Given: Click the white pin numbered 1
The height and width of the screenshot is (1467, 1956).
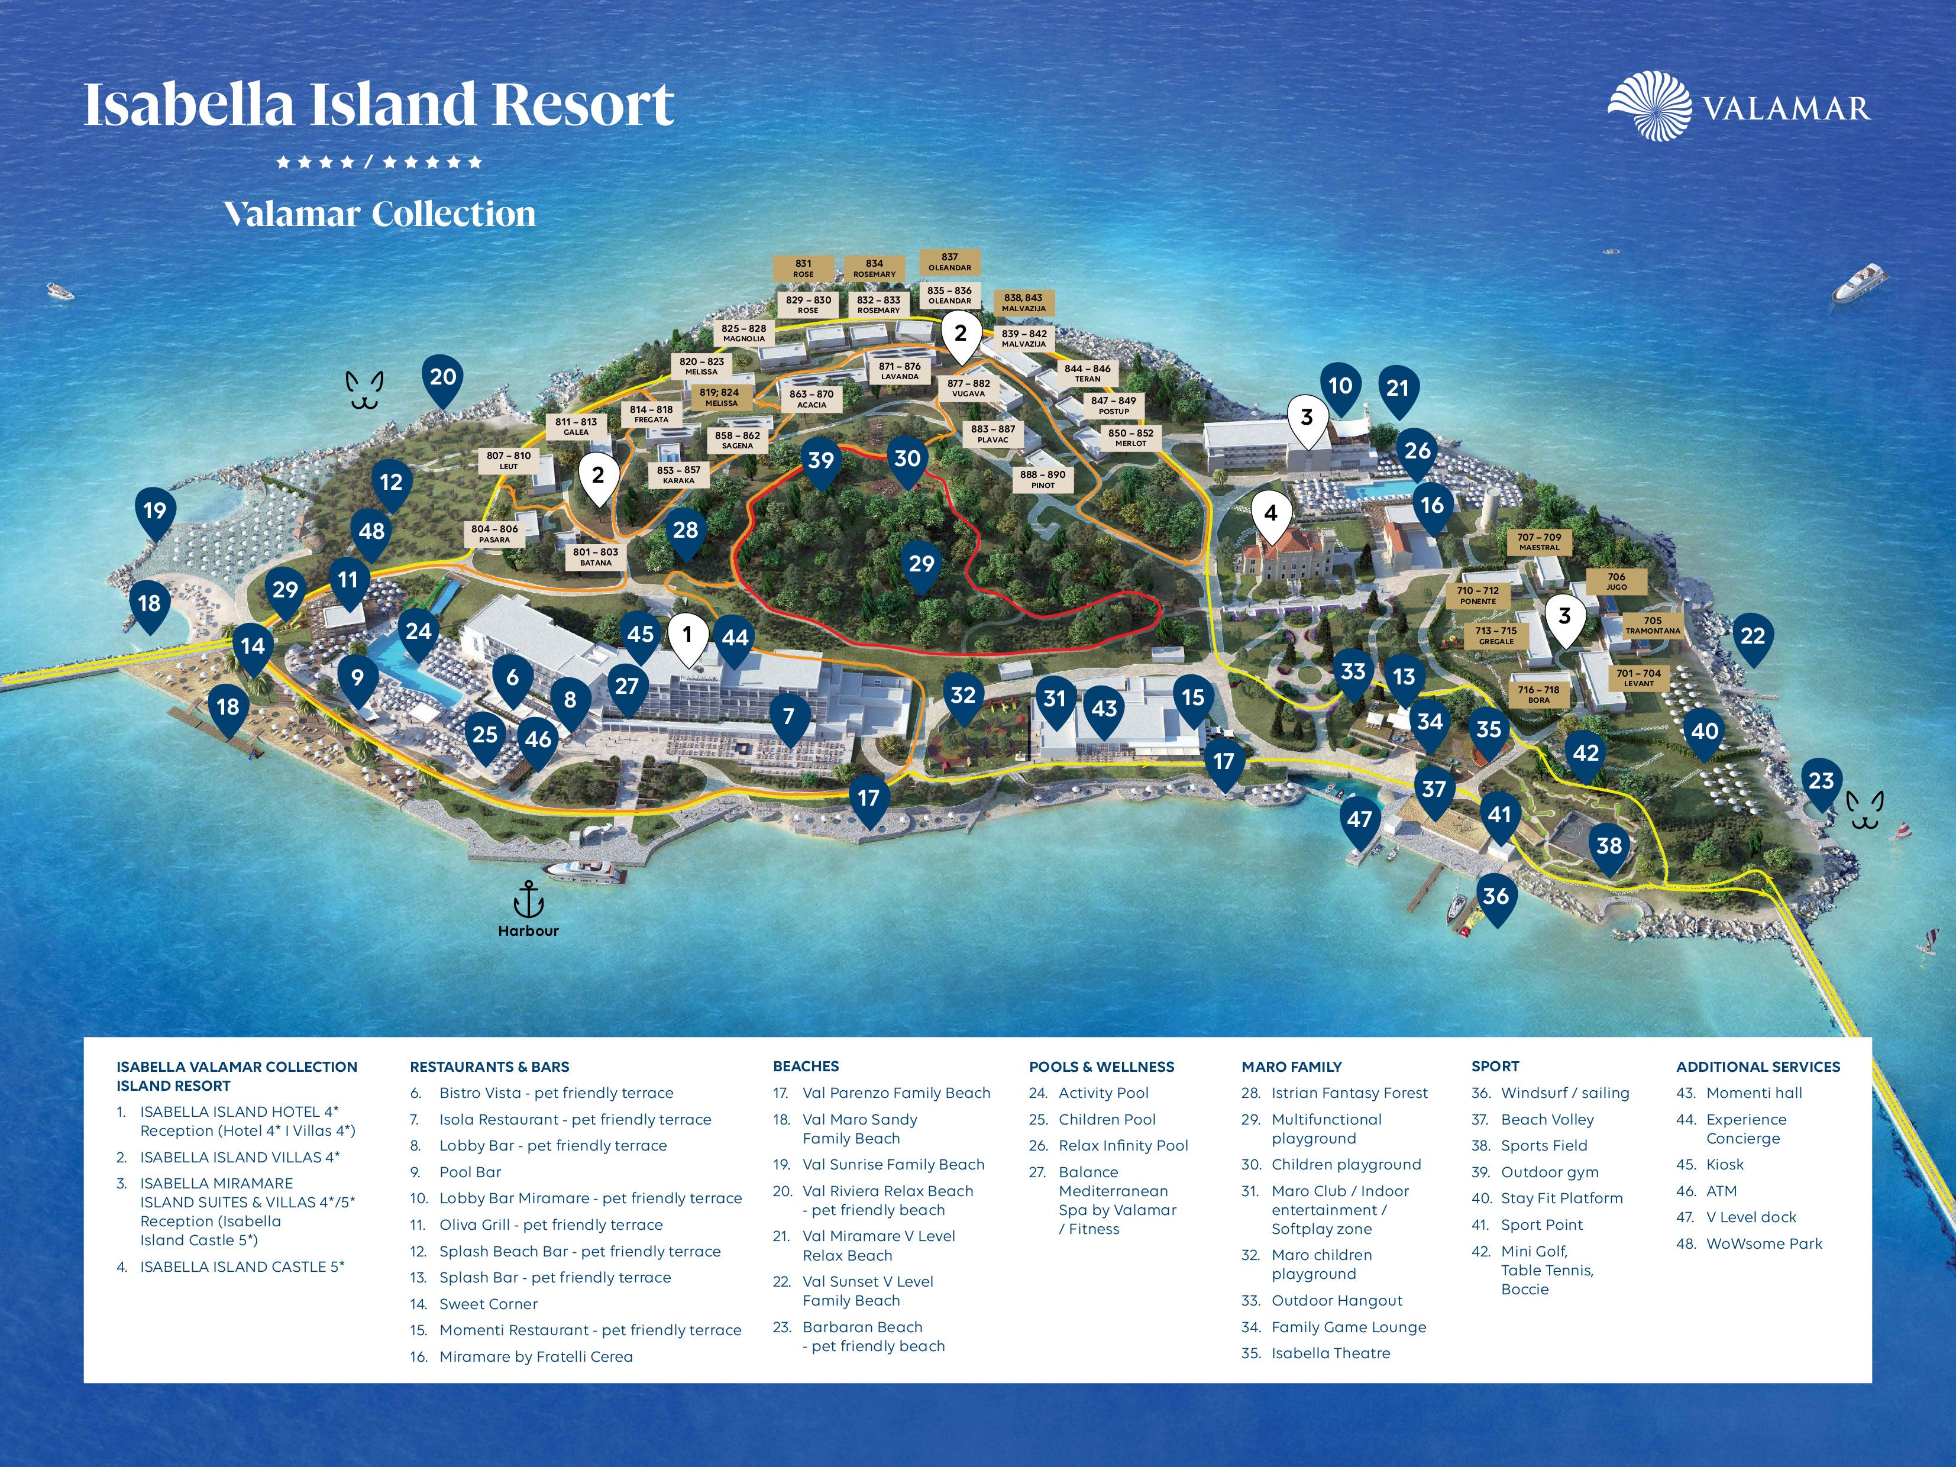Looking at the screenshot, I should [x=687, y=635].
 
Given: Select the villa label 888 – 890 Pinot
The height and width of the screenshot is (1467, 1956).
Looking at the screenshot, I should [x=1043, y=479].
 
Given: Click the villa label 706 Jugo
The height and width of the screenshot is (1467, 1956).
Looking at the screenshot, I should [x=1616, y=581].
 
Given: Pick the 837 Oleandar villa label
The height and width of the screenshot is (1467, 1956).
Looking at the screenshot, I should [x=950, y=261].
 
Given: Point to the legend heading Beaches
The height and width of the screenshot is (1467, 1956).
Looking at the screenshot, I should [x=806, y=1067].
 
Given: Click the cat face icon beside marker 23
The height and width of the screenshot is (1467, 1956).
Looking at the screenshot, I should [x=1864, y=810].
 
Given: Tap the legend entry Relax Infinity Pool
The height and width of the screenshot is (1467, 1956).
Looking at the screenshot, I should [x=1123, y=1145].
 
